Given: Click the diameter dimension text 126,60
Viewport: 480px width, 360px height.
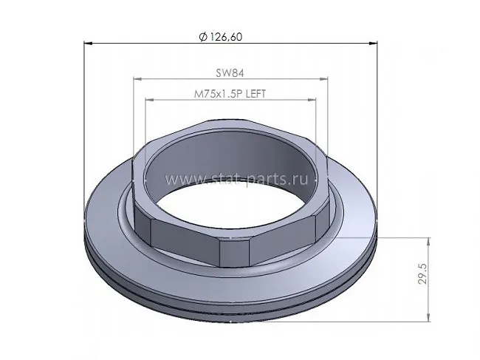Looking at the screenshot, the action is [227, 37].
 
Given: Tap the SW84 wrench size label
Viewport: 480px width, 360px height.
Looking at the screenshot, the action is [230, 73].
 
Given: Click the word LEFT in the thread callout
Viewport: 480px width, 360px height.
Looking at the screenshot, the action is [256, 93].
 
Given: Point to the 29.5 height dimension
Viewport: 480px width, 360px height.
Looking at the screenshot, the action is [422, 274].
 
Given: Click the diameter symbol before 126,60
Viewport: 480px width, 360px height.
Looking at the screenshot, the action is [203, 38].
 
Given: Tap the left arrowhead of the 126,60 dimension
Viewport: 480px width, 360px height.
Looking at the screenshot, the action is [88, 44].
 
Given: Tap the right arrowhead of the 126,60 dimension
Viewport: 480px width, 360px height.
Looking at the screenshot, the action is [373, 44].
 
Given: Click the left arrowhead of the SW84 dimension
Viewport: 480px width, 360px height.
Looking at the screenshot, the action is [138, 79].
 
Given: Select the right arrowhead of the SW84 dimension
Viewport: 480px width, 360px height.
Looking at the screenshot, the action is [323, 79].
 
